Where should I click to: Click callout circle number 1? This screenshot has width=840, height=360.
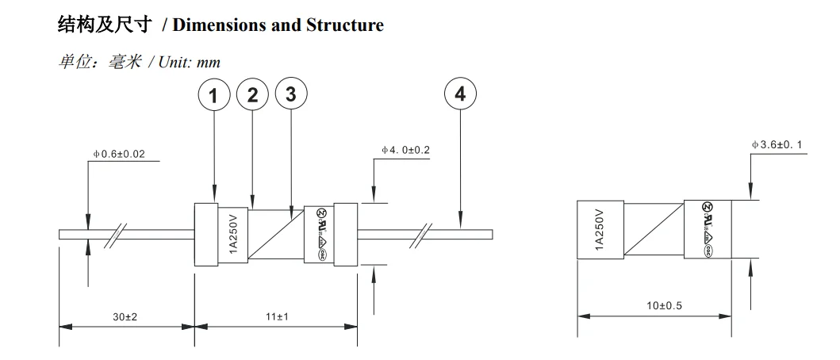(213, 95)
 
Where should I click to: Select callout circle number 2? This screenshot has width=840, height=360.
(252, 95)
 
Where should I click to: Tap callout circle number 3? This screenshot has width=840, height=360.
(290, 94)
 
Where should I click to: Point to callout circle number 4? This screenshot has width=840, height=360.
(460, 94)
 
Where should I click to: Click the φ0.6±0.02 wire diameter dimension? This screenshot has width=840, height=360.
(119, 154)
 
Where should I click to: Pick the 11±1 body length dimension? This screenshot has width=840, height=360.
(276, 316)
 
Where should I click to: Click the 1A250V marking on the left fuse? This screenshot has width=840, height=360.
(234, 234)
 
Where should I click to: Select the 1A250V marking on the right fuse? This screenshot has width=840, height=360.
(600, 229)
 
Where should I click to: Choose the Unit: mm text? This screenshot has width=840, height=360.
(190, 62)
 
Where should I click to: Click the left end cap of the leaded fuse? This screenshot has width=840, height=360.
(205, 234)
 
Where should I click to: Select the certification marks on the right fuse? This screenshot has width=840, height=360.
(706, 229)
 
